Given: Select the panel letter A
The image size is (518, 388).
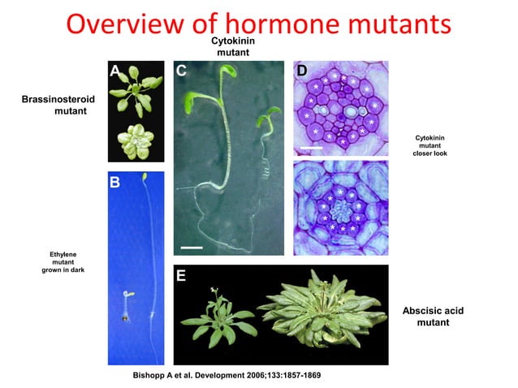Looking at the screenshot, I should coord(116,71).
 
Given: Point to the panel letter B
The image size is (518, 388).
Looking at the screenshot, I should coord(115,183).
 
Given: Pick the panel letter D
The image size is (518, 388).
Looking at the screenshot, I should coord(301,71).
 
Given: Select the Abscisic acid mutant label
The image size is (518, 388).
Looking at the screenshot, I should coord(433,317).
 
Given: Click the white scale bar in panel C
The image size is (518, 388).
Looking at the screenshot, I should coord(191,245).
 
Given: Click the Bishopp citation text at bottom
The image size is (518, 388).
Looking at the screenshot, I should coord(231,377).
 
